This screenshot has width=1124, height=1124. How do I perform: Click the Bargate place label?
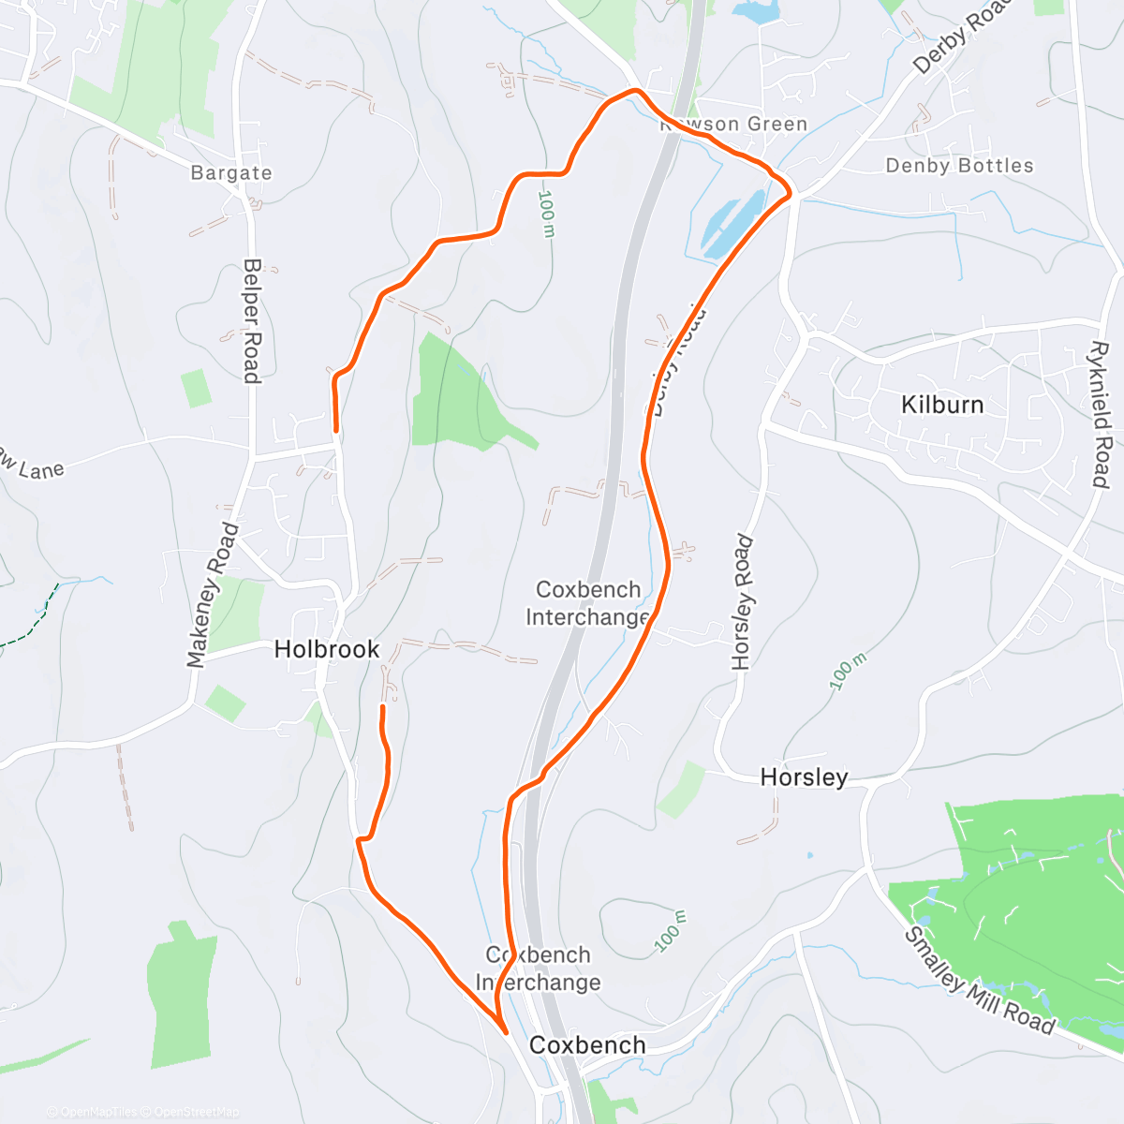(x=231, y=173)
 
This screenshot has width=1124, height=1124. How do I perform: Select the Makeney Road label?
(x=213, y=596)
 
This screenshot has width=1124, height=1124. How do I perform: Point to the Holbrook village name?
(x=327, y=649)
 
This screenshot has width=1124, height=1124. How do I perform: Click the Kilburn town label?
(x=941, y=405)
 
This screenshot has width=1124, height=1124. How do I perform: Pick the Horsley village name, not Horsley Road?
(x=804, y=777)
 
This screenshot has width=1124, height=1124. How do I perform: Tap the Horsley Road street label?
(x=743, y=602)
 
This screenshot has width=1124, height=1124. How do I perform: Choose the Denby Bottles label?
(x=959, y=166)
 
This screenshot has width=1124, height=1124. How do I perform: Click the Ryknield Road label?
(x=1101, y=414)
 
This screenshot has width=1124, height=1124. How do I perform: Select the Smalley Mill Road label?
(x=979, y=982)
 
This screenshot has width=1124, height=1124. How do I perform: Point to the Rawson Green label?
(x=734, y=125)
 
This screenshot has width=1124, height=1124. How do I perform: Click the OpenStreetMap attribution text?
(x=196, y=1113)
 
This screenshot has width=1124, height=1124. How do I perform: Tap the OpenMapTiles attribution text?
(x=97, y=1113)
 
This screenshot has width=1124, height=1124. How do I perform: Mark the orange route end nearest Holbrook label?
(x=382, y=708)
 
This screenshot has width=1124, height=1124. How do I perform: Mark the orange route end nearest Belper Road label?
(x=335, y=430)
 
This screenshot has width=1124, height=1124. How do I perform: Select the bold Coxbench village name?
(x=587, y=1045)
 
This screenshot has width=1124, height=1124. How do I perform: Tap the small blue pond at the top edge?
(x=757, y=12)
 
